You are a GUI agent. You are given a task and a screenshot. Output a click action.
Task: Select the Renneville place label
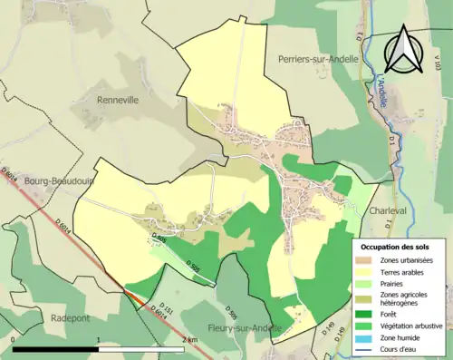(118, 100)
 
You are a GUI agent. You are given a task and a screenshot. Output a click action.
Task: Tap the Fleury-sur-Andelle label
(220, 327)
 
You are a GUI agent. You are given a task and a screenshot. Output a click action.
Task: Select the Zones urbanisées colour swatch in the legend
(367, 262)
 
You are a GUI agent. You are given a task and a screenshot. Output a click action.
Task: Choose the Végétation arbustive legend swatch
(367, 323)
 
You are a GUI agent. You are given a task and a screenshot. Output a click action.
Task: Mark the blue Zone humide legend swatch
(367, 336)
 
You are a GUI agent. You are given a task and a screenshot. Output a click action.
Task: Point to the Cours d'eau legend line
(367, 347)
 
